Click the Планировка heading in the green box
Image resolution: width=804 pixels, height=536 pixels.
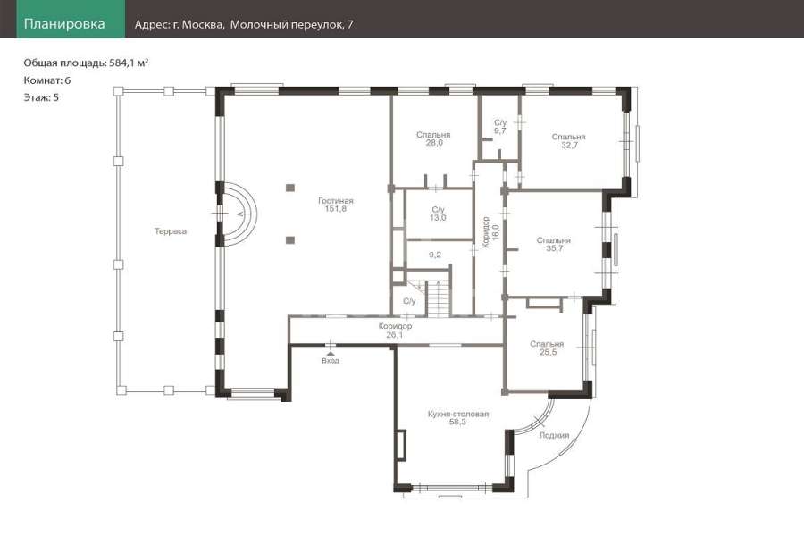tap(64, 23)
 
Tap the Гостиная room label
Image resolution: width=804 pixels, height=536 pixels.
tap(335, 200)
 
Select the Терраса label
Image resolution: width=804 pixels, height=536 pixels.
tap(171, 231)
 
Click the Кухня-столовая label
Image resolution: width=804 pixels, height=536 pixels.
tap(458, 414)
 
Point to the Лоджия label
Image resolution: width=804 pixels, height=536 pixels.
tap(554, 435)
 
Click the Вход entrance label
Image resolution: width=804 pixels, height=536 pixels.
tap(331, 361)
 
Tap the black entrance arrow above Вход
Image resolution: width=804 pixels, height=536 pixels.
tap(331, 354)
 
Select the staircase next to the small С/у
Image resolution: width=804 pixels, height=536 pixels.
tap(439, 299)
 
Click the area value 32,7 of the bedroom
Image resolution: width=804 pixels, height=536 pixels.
tap(569, 145)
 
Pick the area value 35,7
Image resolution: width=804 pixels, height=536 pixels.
tap(554, 248)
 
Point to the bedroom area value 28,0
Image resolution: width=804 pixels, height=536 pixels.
tap(434, 143)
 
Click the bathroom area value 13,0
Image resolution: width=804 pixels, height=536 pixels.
tap(438, 217)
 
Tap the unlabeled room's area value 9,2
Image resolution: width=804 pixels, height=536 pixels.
tap(435, 255)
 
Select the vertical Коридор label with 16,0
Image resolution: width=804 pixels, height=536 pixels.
tap(490, 232)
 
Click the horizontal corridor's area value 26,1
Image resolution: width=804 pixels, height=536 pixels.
tap(394, 335)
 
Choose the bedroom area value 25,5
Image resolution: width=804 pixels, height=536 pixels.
tap(548, 352)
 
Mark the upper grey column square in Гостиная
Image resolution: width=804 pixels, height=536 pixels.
tap(290, 188)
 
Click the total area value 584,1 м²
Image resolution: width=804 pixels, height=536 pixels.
tap(129, 63)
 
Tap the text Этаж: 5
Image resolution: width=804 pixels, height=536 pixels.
tap(41, 97)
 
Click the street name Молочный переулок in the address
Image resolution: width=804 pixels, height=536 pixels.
tap(286, 25)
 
